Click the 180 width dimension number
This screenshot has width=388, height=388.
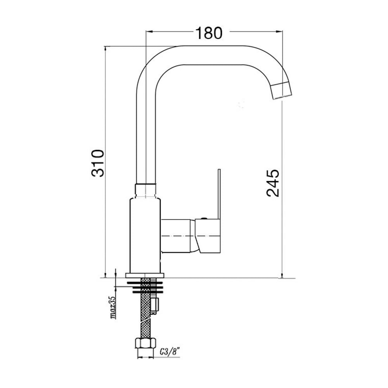coord(209,33)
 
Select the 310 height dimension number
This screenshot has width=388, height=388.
coord(98,163)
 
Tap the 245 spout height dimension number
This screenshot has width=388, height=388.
coord(273,183)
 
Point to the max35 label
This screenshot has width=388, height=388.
coord(114,307)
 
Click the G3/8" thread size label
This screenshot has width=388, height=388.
coord(170,352)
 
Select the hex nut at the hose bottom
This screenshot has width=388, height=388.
coord(145,343)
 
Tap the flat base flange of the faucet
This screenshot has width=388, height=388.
coord(145,275)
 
